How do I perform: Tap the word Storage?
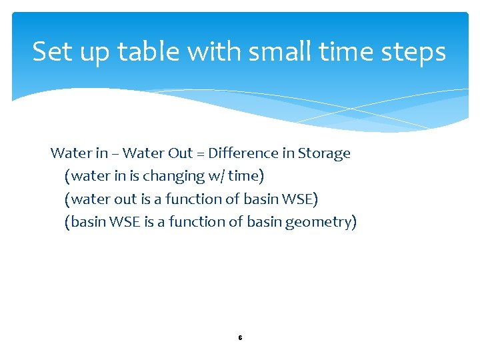click(324, 154)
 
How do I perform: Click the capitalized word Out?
click(181, 153)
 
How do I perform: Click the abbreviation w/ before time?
click(215, 177)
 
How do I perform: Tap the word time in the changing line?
click(244, 177)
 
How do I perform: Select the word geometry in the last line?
click(321, 223)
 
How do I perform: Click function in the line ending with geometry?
click(198, 222)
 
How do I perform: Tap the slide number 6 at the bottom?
click(240, 338)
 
